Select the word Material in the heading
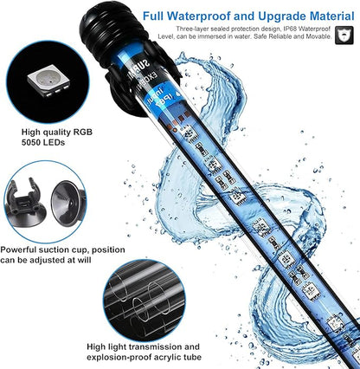[327, 16]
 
